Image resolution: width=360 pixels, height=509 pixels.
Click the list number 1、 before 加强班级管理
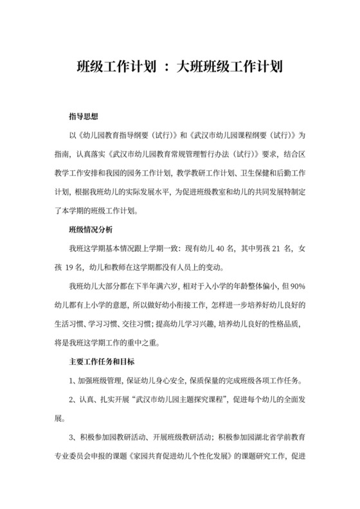[x=73, y=379]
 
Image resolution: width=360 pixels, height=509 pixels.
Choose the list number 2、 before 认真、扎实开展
[x=73, y=398]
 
